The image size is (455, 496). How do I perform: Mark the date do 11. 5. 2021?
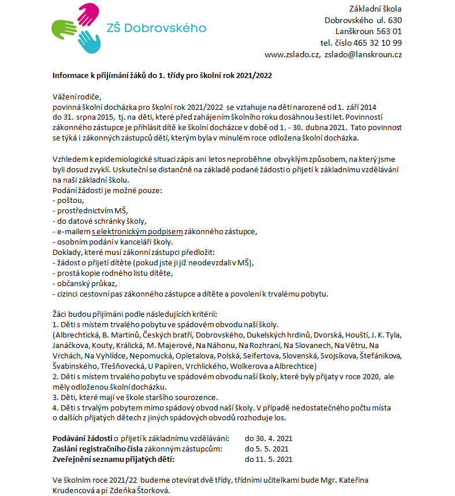point(268,460)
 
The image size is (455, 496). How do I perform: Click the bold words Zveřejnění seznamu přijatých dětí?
point(113,460)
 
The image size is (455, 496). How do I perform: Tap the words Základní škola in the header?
point(376,9)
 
